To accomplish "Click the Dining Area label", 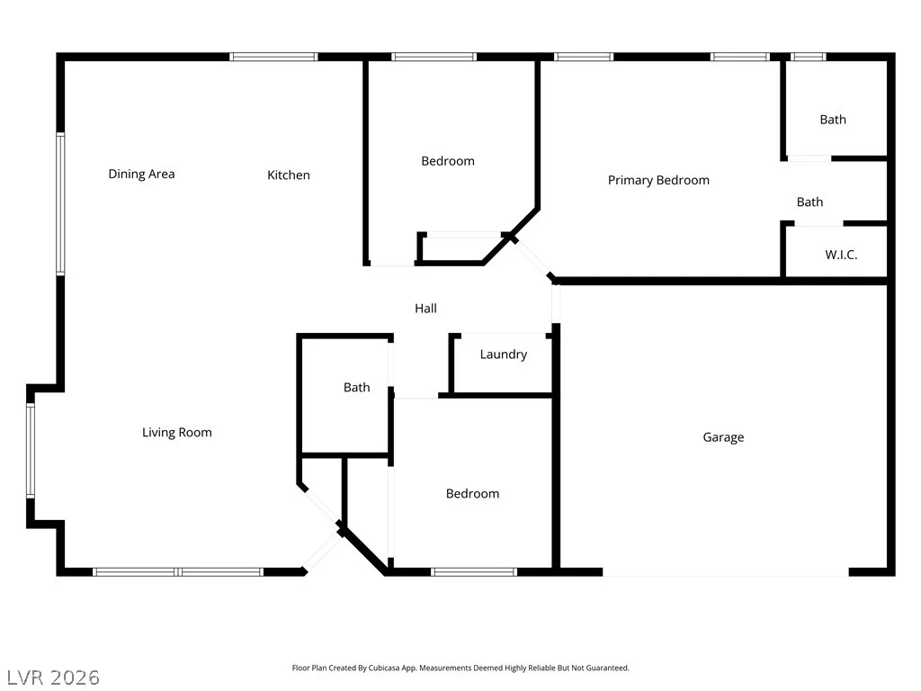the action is [x=141, y=174].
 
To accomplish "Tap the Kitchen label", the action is [x=289, y=175].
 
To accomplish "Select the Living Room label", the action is [x=177, y=433].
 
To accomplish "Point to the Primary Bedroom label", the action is [x=658, y=180].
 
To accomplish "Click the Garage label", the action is [x=724, y=437].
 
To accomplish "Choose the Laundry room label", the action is [x=504, y=354].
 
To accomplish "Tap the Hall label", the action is [x=425, y=309].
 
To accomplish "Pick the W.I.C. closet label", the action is [x=841, y=255].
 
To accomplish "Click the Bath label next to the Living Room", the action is [x=356, y=387].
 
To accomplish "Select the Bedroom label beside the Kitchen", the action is [x=448, y=161].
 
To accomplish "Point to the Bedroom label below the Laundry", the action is [x=472, y=494].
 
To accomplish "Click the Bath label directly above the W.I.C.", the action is [x=809, y=202].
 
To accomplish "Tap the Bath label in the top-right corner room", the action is [x=833, y=120].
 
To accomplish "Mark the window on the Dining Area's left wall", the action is [x=60, y=204].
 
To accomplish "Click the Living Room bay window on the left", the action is [x=31, y=451].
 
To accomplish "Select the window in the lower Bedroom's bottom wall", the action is [x=474, y=571].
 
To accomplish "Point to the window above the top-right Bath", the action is [x=809, y=57].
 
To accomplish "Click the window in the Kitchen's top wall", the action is [x=273, y=57].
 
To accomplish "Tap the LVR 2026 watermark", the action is [x=53, y=678].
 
